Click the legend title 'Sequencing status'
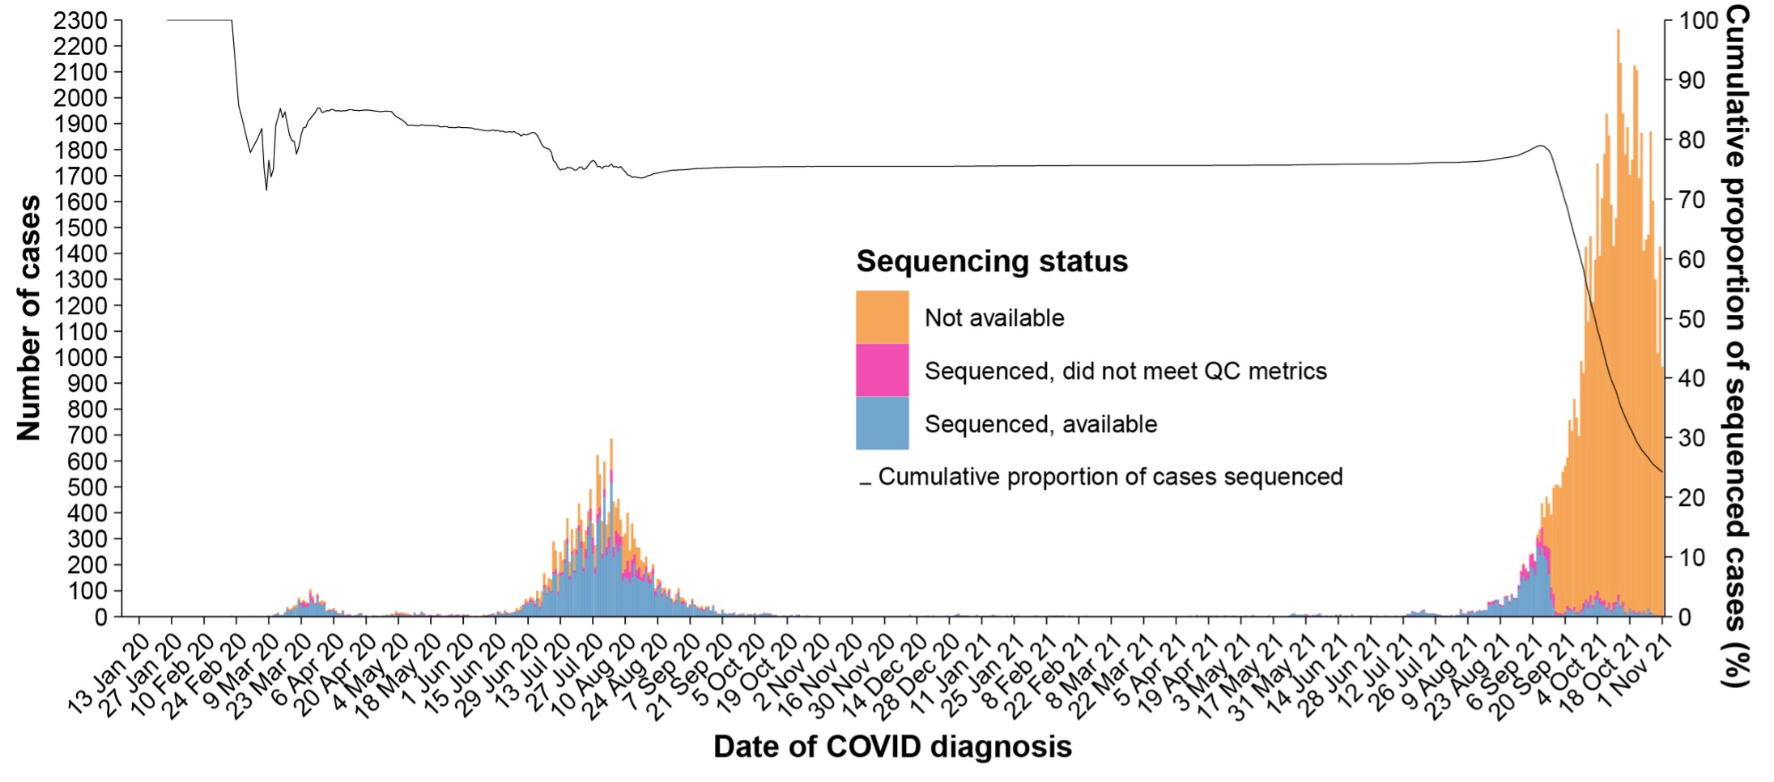tap(992, 261)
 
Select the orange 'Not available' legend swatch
tap(882, 317)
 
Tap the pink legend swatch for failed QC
tap(882, 370)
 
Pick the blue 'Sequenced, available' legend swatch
tap(882, 423)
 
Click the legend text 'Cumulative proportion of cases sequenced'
tap(1109, 477)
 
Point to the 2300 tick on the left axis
tap(80, 20)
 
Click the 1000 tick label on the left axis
tap(80, 357)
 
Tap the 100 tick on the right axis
tap(1697, 20)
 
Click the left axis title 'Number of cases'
tap(29, 318)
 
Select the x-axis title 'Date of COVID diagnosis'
tap(892, 746)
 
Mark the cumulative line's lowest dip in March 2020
tap(266, 189)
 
